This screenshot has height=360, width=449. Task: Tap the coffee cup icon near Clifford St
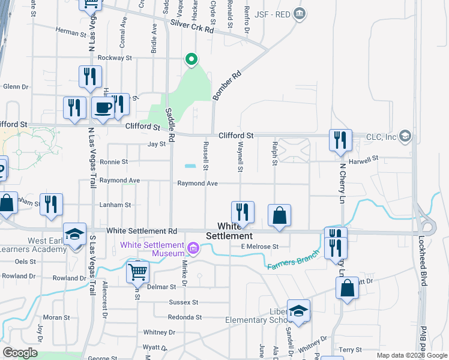click(103, 108)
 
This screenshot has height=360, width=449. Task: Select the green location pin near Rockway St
click(191, 59)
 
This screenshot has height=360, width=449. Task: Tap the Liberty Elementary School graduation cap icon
click(298, 310)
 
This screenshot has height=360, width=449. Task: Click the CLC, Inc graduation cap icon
click(405, 136)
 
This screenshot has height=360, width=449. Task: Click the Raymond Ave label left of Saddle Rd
click(119, 180)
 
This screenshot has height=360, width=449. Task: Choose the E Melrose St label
click(260, 246)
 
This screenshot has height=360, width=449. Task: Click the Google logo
click(20, 353)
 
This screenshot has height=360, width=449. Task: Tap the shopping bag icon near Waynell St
click(279, 215)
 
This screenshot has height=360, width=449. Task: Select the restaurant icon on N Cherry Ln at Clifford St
click(340, 140)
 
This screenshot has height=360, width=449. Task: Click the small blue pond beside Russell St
click(190, 166)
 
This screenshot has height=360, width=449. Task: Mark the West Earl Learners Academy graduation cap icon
click(75, 234)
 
